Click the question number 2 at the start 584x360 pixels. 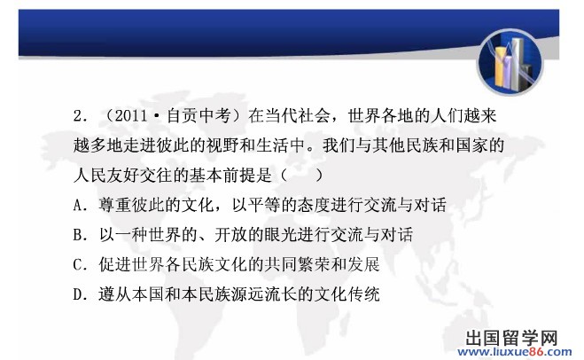tap(79, 116)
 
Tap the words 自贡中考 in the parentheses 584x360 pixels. tap(199, 115)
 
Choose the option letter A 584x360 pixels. tap(78, 205)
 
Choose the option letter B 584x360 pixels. tap(78, 235)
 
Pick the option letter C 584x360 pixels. tap(78, 264)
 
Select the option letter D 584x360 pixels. tap(78, 294)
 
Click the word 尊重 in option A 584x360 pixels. tap(115, 205)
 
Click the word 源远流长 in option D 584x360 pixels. tap(264, 294)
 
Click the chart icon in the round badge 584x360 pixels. tap(510, 62)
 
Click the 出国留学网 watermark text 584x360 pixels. tap(511, 338)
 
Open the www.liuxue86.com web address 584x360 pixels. tap(514, 351)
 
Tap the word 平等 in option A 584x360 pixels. tap(265, 205)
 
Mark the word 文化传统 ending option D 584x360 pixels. tap(347, 294)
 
